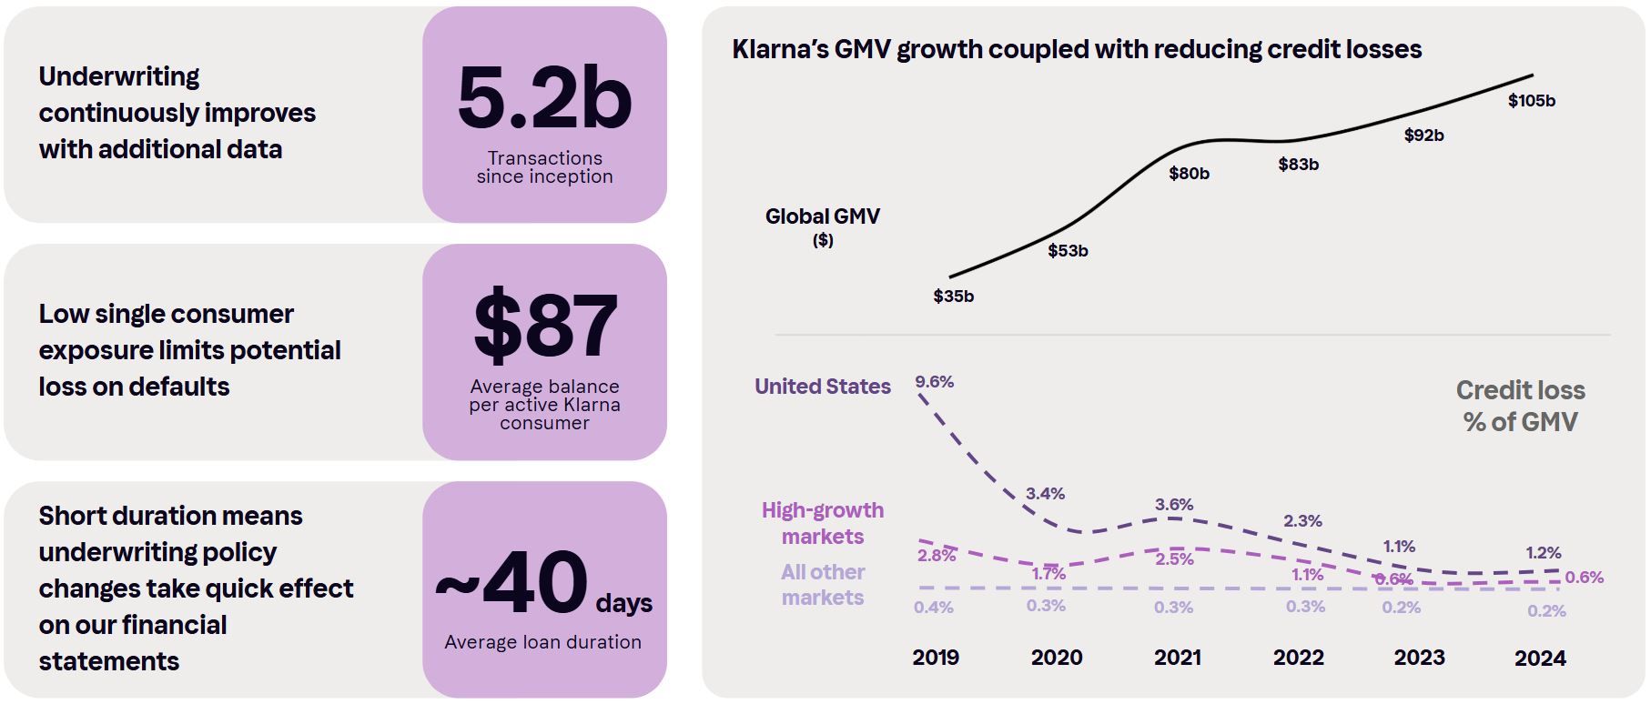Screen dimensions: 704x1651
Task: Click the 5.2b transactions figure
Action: [544, 99]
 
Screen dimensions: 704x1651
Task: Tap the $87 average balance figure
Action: [544, 326]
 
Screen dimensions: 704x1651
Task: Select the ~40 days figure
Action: [543, 583]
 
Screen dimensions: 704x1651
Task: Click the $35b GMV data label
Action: [953, 297]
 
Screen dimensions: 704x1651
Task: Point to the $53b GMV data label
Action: [1068, 251]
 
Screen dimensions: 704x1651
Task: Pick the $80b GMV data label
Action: [1189, 174]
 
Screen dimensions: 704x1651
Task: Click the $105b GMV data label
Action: [1531, 101]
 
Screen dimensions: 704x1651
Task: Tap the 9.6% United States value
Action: [934, 382]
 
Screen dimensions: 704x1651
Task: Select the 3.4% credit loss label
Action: [1045, 494]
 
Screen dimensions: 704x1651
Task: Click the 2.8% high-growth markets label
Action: [936, 555]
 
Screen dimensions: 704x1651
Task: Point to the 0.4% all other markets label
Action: [933, 607]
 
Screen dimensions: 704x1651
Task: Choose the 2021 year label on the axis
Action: [1177, 658]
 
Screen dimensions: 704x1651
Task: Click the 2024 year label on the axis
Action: [1539, 658]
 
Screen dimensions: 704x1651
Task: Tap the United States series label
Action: [822, 387]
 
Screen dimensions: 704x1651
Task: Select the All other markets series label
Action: [822, 585]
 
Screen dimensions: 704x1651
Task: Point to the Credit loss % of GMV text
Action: [1520, 406]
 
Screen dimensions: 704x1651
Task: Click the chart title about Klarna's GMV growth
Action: [1076, 49]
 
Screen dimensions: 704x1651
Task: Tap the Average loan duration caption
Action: [542, 642]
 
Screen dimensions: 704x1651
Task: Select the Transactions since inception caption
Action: [544, 167]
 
